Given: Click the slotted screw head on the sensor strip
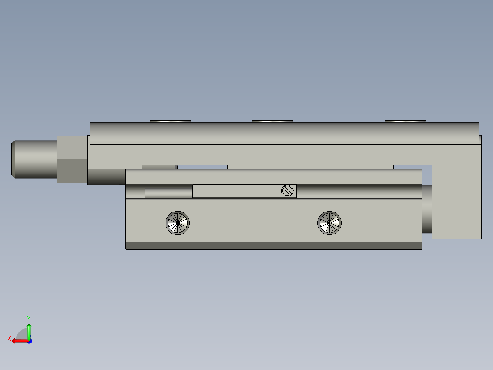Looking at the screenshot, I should click(x=287, y=190).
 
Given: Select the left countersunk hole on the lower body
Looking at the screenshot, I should click(x=177, y=223).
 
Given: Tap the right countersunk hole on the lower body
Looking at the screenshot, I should click(x=329, y=223).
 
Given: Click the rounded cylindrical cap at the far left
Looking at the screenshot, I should click(x=34, y=159).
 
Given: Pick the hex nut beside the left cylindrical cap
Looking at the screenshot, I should click(x=72, y=159).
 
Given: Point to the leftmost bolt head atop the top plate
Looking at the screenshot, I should click(x=171, y=121).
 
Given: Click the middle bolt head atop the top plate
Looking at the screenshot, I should click(x=273, y=121).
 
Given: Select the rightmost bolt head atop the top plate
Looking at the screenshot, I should click(x=405, y=121).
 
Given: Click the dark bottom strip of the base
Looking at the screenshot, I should click(x=273, y=246).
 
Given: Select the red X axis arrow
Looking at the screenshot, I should click(x=19, y=341).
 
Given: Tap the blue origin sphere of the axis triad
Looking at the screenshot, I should click(x=29, y=341).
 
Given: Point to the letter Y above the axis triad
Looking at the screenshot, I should click(x=29, y=318).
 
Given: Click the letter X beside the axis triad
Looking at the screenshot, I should click(x=9, y=339).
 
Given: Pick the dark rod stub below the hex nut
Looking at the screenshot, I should click(x=106, y=176).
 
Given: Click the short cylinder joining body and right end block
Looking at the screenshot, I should click(x=427, y=209).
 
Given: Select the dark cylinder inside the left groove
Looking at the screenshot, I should click(x=168, y=192).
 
